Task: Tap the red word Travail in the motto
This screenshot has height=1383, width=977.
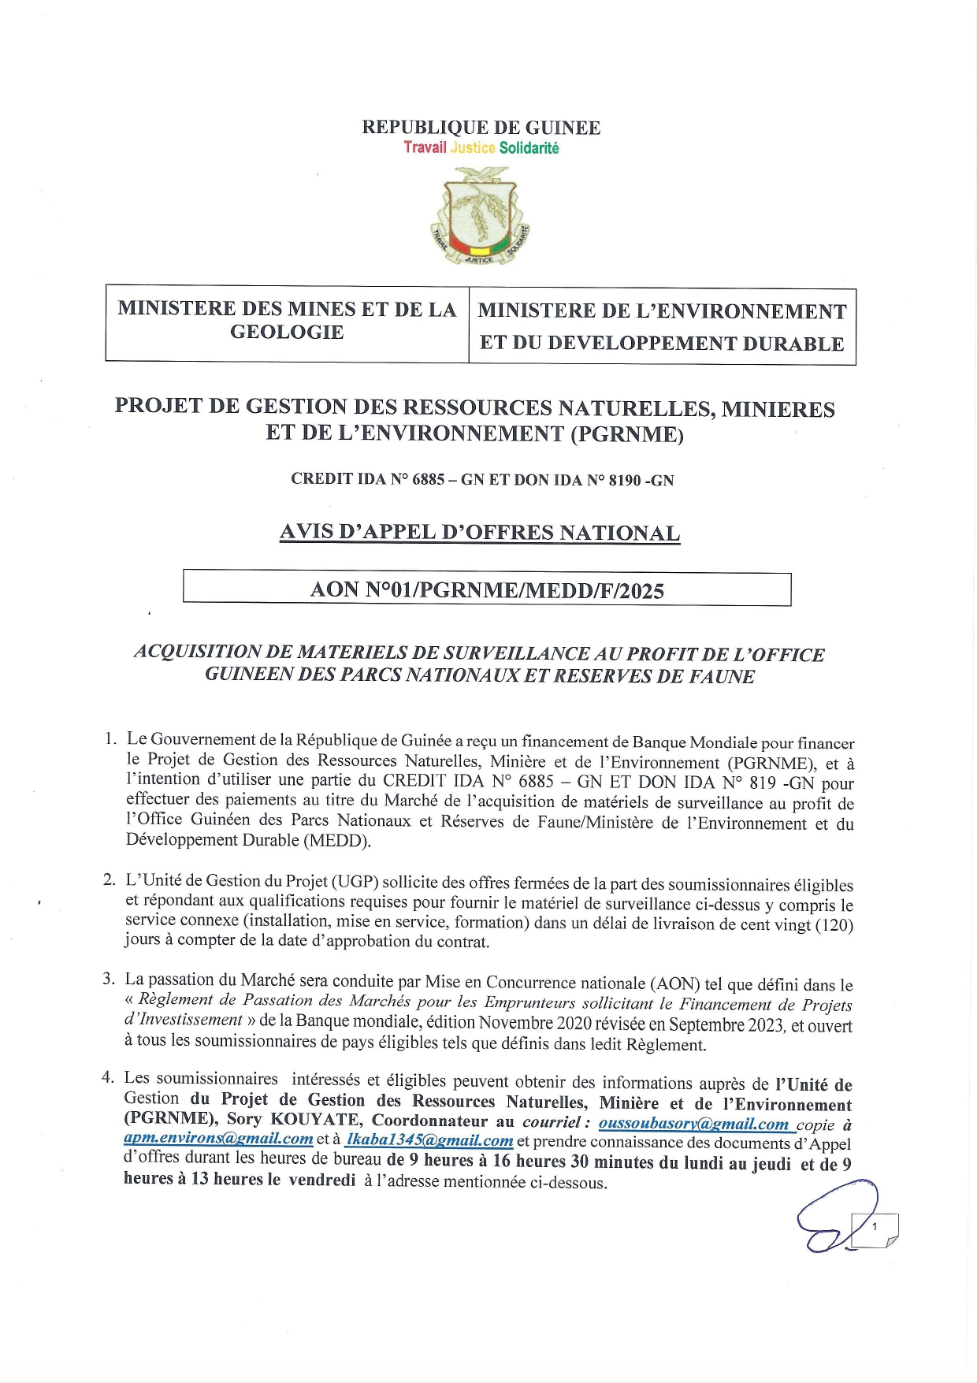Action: point(425,147)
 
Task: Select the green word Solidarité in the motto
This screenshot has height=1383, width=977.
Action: point(529,148)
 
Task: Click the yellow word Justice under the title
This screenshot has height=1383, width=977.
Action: point(473,147)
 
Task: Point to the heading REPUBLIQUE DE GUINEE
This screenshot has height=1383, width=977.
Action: point(481,128)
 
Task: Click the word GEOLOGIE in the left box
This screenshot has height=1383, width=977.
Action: point(287,332)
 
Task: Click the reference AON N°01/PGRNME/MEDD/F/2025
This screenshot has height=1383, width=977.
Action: point(487,590)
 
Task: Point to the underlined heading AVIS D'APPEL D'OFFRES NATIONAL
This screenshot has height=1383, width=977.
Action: point(479,533)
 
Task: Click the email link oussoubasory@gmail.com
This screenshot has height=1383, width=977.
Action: point(693,1124)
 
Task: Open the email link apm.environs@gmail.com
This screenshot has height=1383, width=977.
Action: point(218,1139)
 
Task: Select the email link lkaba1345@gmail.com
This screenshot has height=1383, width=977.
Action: point(429,1140)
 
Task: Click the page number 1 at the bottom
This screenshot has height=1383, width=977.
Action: point(875,1227)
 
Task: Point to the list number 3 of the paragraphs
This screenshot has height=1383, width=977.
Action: point(108,979)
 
